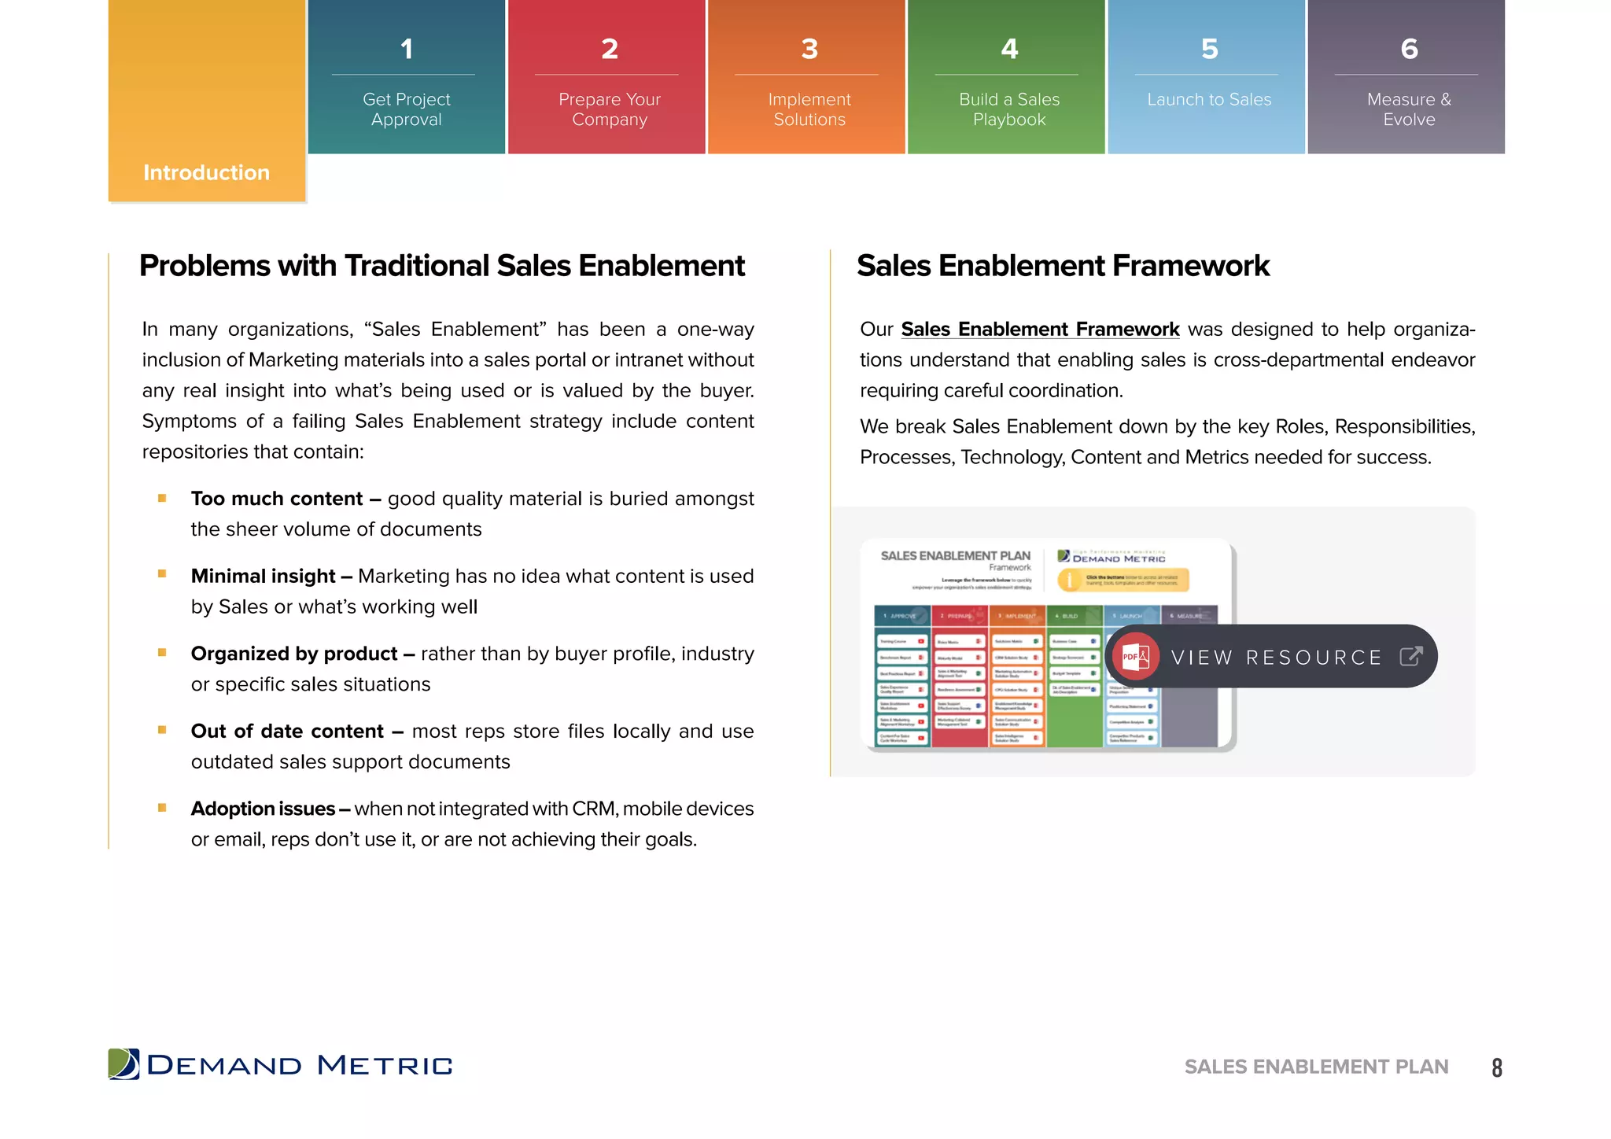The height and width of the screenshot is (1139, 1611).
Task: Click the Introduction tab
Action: [206, 172]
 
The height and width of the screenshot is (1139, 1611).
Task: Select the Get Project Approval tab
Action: [406, 109]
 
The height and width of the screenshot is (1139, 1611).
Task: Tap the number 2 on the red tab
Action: [609, 49]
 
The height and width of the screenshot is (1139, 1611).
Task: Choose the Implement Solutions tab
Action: [809, 109]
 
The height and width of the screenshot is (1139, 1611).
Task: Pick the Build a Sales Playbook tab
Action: [1008, 109]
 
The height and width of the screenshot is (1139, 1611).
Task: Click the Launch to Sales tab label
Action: [1208, 100]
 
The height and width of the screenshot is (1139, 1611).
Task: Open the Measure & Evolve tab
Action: [1408, 109]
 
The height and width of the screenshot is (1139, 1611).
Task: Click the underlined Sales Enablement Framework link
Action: [1040, 330]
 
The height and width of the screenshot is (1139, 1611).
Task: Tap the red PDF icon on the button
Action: [1135, 656]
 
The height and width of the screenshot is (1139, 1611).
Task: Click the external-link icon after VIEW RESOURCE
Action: [1411, 656]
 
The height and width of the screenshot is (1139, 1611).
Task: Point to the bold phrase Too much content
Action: [277, 499]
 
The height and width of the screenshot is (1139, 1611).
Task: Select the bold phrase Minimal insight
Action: [264, 577]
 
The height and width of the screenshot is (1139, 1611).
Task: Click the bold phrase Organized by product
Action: [294, 654]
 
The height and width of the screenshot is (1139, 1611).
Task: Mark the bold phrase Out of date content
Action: [287, 732]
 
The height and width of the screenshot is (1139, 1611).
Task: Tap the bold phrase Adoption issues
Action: [264, 809]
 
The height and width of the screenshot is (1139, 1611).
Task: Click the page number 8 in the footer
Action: [1496, 1067]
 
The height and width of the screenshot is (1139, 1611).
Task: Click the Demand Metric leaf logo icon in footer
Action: [123, 1064]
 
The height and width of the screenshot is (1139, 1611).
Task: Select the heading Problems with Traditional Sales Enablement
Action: [442, 267]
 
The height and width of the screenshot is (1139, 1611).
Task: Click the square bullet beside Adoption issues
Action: [162, 808]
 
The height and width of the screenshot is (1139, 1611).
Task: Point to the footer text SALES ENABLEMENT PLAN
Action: [1316, 1067]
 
